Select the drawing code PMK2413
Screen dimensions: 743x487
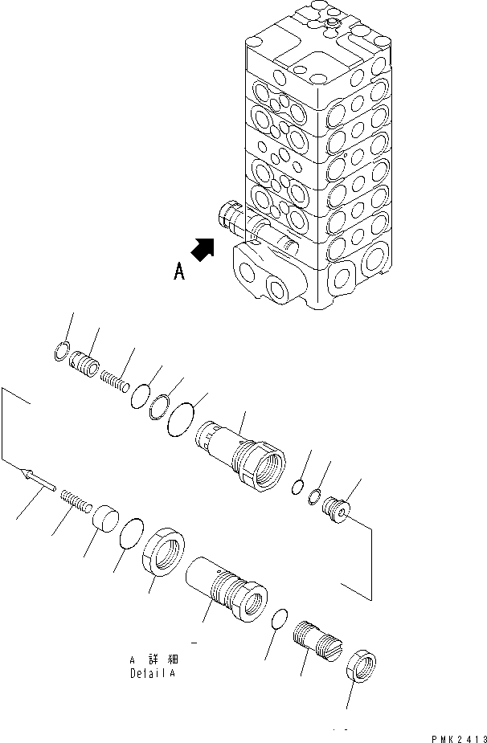tap(458, 734)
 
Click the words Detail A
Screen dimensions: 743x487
tap(152, 673)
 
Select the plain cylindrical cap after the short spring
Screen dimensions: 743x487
tap(104, 519)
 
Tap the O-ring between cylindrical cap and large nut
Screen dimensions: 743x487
tap(131, 533)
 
